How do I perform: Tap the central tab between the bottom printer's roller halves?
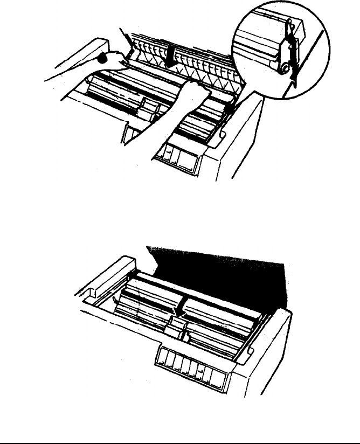176,324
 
